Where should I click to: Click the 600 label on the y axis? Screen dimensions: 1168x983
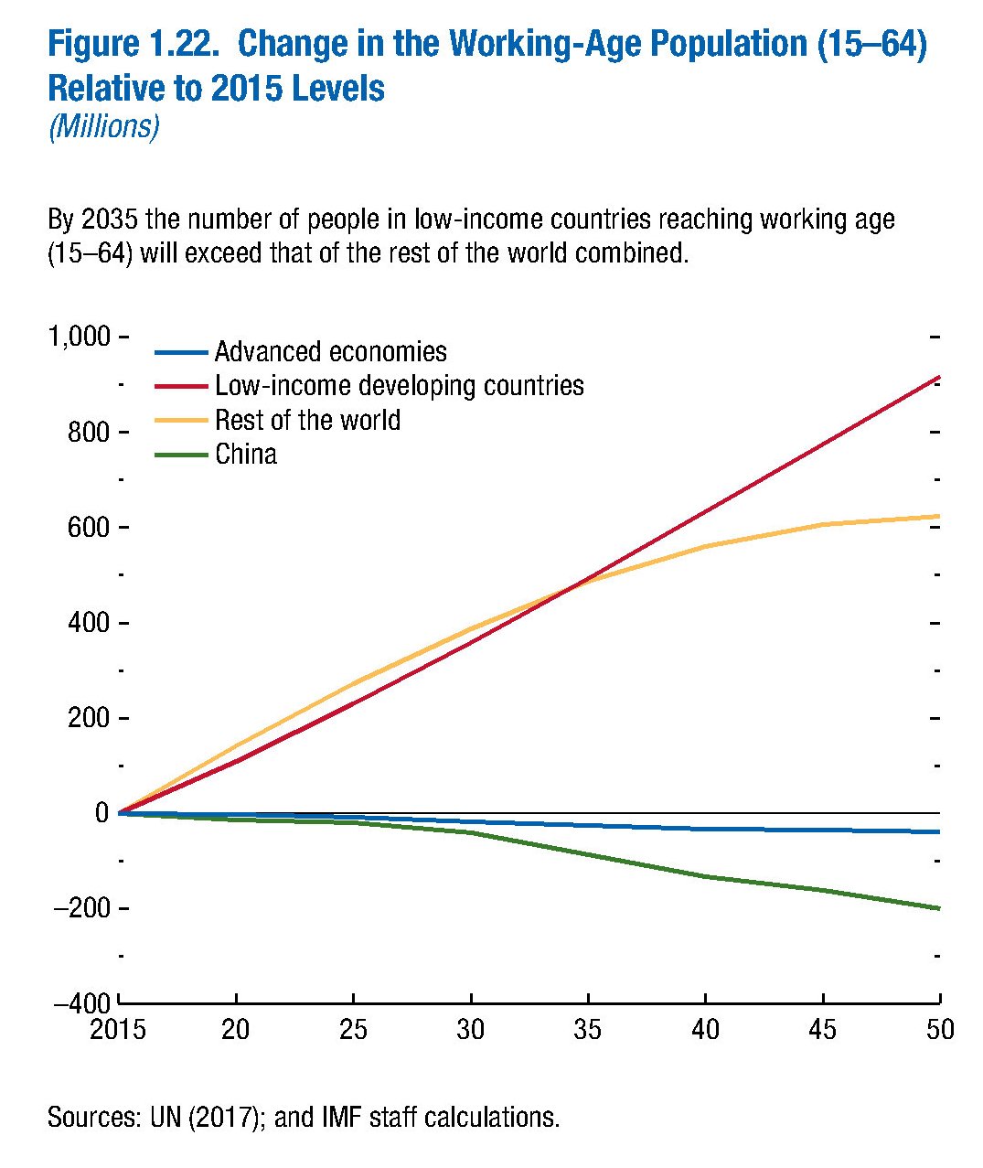[88, 528]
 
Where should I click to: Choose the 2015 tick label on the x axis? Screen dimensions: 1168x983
[118, 1030]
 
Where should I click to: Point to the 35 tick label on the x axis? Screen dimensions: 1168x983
[588, 1030]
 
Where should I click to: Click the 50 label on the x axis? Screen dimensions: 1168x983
[940, 1030]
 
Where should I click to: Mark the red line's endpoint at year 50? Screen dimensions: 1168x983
[939, 377]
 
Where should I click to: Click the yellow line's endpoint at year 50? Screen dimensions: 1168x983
[939, 517]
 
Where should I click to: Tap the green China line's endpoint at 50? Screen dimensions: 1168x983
[939, 908]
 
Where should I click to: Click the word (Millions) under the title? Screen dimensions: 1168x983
[103, 126]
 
